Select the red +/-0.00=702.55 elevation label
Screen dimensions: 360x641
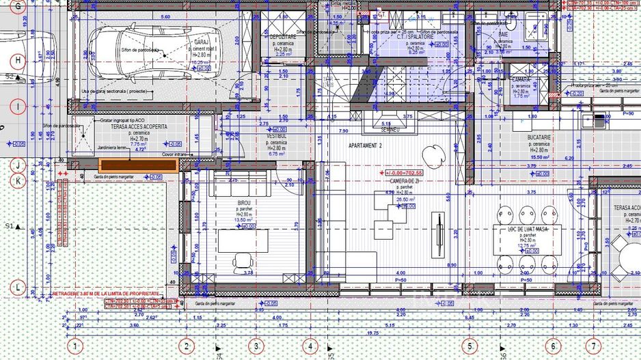click(405, 174)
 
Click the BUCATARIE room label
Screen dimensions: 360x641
click(540, 137)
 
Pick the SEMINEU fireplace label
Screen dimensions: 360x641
click(390, 128)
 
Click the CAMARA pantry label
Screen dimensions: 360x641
click(523, 79)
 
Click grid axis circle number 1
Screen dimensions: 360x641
click(76, 347)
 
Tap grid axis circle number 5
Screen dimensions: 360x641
click(469, 347)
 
